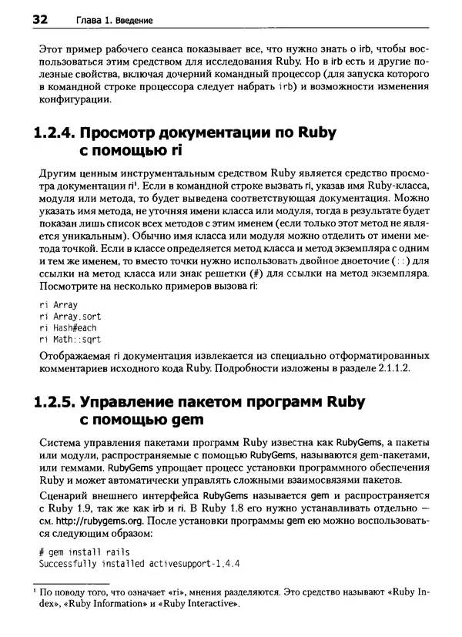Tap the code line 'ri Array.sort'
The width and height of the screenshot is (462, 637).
click(x=69, y=317)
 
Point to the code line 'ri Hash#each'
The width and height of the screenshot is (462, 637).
click(x=67, y=327)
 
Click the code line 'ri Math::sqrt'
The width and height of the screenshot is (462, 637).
click(x=69, y=339)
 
